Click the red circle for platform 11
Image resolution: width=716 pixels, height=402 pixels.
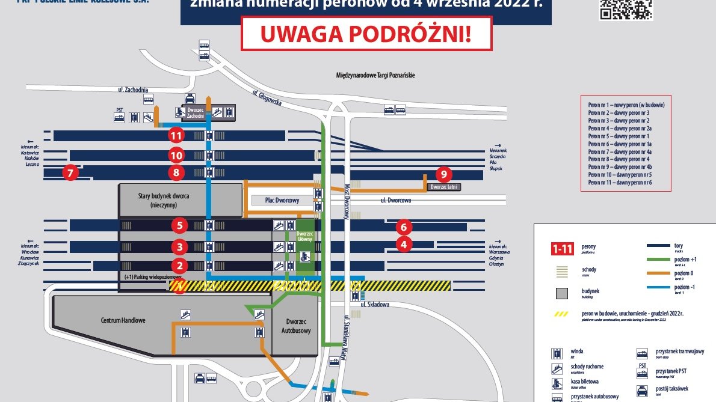(x=176, y=136)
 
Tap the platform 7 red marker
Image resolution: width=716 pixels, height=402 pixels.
(x=70, y=173)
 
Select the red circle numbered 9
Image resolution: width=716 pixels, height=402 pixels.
(x=443, y=174)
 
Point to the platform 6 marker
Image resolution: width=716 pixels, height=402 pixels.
(x=404, y=228)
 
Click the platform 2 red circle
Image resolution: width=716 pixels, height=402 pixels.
(x=179, y=265)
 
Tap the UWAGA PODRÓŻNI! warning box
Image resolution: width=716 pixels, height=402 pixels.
(x=366, y=34)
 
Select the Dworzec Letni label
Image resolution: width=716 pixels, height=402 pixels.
(x=444, y=187)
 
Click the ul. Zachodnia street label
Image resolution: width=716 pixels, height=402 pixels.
(x=133, y=90)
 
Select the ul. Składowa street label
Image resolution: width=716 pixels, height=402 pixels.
(x=375, y=304)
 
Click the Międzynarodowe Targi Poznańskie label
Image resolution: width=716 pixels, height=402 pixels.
(x=375, y=75)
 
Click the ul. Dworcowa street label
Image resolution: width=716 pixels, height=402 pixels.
(x=396, y=200)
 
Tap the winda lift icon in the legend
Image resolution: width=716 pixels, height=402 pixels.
(x=558, y=353)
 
